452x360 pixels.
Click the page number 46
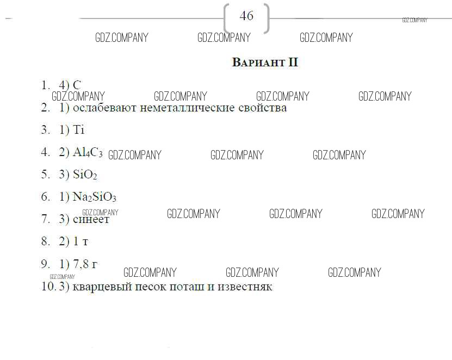246,16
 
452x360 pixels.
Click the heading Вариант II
265,63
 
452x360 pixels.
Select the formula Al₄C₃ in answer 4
88,152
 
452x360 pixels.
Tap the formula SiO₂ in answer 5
85,175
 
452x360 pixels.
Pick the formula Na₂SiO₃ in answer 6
95,197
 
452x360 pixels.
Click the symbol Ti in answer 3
79,130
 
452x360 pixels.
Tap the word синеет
91,219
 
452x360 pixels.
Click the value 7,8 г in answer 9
85,264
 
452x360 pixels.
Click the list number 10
47,287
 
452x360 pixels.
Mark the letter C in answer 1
77,85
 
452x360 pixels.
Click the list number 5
45,175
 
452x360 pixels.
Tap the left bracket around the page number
227,18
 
